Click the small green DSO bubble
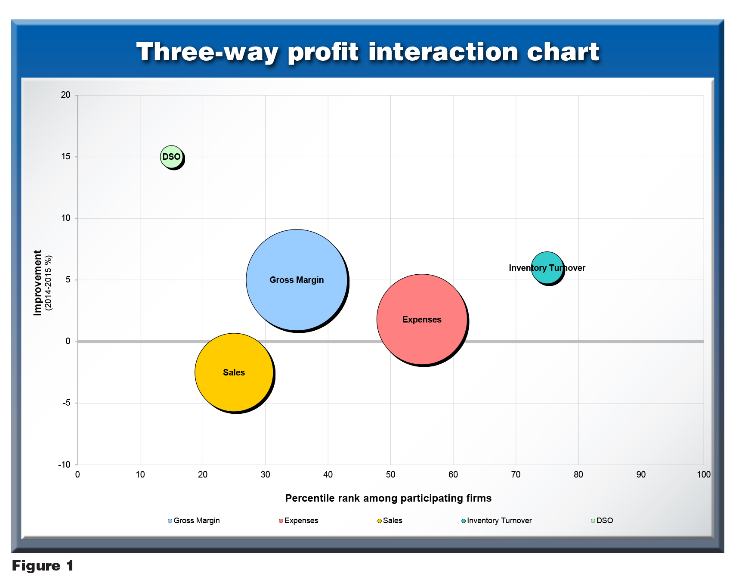171,157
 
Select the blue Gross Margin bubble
297,280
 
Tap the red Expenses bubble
422,319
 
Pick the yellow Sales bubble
234,372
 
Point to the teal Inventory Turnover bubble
547,268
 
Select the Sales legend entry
390,521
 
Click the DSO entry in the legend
602,521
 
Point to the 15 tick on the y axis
66,156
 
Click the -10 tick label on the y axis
65,465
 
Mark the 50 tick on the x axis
390,474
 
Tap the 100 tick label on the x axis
704,474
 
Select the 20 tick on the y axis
66,95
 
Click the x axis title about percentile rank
388,498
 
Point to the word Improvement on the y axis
37,282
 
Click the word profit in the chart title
323,52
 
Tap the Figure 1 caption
43,565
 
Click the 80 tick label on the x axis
578,474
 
